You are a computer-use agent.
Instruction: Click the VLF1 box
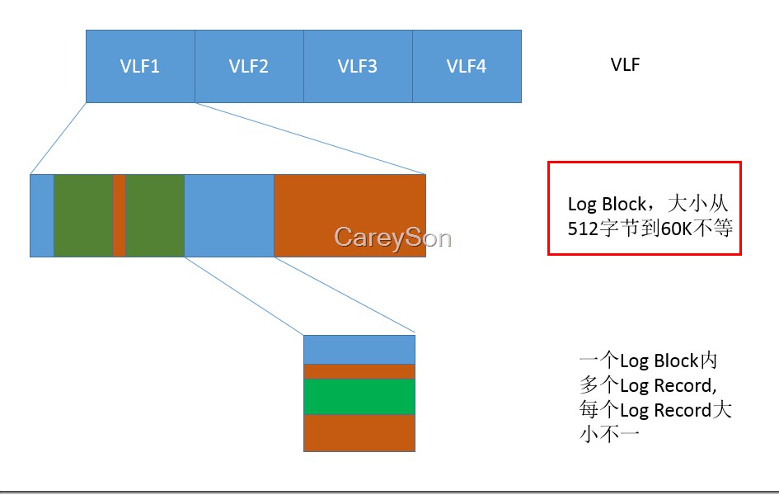click(x=140, y=66)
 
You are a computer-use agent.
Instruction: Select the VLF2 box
click(x=249, y=66)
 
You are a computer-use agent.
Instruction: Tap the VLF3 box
click(x=358, y=66)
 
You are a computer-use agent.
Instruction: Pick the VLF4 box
click(x=467, y=66)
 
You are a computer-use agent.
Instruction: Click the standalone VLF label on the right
click(x=626, y=65)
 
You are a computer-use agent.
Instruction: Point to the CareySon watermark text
click(x=392, y=238)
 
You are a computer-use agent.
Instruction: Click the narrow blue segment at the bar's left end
click(x=42, y=215)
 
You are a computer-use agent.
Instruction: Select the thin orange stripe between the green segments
click(x=119, y=215)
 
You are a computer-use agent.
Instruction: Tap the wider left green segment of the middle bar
click(x=83, y=215)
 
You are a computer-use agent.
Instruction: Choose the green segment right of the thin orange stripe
click(x=155, y=215)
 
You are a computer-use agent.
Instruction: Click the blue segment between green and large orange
click(x=229, y=215)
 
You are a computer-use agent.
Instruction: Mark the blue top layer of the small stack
click(x=359, y=349)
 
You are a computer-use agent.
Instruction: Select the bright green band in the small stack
click(x=359, y=397)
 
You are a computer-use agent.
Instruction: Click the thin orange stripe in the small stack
click(x=359, y=371)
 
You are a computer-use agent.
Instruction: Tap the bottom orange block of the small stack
click(x=359, y=432)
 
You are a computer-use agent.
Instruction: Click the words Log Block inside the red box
click(x=607, y=204)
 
